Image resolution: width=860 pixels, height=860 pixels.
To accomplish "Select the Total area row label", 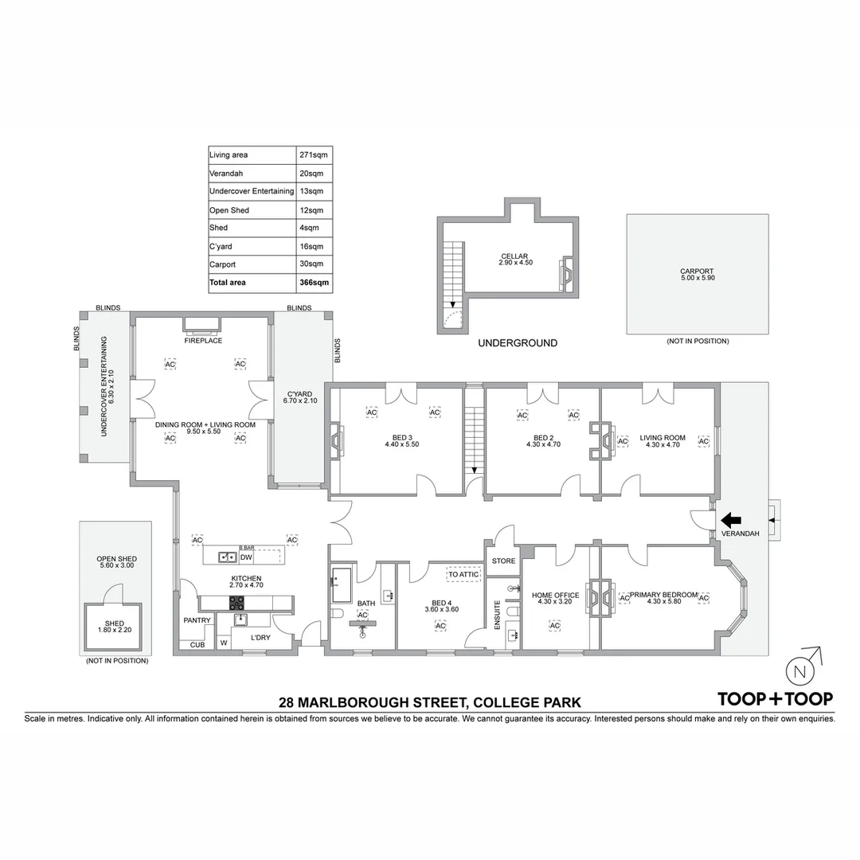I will [x=228, y=283].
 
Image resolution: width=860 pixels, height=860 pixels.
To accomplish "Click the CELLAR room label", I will [x=514, y=256].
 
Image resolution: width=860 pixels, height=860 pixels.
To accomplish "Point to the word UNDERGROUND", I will [x=517, y=343].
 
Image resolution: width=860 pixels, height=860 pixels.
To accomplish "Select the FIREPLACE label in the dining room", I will [x=203, y=341].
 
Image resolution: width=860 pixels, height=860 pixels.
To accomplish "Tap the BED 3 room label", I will [x=401, y=437].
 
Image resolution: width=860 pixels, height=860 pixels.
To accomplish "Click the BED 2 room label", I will [x=543, y=437].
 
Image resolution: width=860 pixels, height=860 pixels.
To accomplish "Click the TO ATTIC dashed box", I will [x=463, y=574].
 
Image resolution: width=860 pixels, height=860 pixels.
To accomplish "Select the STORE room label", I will [x=503, y=561].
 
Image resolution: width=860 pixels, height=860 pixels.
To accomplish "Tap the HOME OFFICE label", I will [x=555, y=595].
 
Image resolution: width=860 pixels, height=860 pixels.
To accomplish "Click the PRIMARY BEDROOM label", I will [x=663, y=595].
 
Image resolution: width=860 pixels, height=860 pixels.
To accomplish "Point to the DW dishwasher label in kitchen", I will [x=246, y=557].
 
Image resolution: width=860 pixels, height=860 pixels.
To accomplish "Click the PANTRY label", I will [x=197, y=620].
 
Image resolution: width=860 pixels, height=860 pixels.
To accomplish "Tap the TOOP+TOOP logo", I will [x=775, y=699].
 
